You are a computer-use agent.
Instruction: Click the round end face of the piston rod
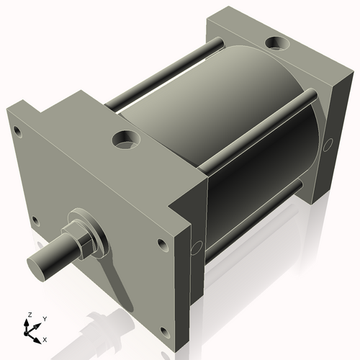click(37, 265)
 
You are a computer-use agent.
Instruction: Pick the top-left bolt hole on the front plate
click(17, 132)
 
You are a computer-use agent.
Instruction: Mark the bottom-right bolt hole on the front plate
click(163, 332)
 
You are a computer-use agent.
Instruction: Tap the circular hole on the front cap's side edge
click(194, 249)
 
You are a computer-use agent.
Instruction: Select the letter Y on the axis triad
click(44, 318)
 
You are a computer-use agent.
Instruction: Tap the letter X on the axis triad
click(45, 338)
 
